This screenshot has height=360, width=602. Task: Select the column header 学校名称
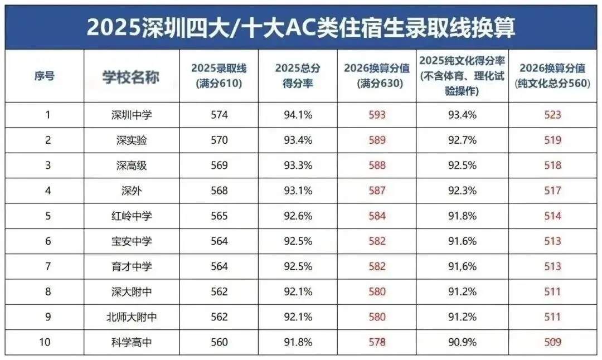[x=131, y=76]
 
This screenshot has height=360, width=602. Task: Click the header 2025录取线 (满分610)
[x=219, y=76]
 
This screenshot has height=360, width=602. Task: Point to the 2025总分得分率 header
[x=298, y=76]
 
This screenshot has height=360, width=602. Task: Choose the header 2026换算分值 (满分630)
[x=377, y=76]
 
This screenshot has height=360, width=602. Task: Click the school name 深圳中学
[x=131, y=115]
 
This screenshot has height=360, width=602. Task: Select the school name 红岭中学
[x=131, y=216]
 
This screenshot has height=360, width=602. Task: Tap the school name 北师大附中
[x=131, y=317]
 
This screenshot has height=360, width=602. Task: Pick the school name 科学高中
[x=131, y=342]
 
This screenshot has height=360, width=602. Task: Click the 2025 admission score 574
[x=219, y=115]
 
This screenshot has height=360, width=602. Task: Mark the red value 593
[x=377, y=115]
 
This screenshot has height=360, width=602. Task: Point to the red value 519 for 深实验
[x=552, y=140]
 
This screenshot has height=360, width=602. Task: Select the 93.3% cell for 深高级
[x=298, y=166]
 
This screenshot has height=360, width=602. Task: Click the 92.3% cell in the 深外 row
[x=462, y=191]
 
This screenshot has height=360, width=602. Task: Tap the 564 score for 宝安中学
[x=219, y=241]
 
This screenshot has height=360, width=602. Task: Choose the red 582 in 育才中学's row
[x=377, y=266]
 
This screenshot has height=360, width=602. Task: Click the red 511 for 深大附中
[x=552, y=291]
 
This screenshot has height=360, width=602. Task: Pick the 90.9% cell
[x=462, y=342]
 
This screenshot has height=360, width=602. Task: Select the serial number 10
[x=47, y=342]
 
